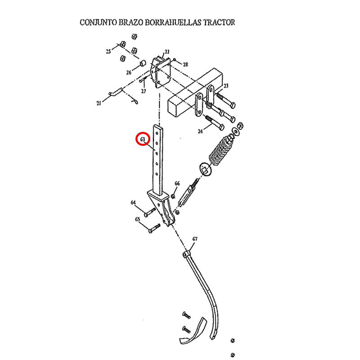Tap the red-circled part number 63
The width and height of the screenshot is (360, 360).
click(143, 139)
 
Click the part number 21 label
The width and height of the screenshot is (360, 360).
click(99, 103)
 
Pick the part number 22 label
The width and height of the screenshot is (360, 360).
click(167, 52)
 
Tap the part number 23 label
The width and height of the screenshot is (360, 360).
click(226, 85)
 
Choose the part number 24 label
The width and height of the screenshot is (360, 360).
click(201, 131)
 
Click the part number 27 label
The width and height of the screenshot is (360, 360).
click(144, 91)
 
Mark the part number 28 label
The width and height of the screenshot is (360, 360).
click(185, 64)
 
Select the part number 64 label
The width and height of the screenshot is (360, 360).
click(134, 202)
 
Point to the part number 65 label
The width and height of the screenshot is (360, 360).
click(137, 219)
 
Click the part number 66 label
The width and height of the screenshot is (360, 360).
click(177, 184)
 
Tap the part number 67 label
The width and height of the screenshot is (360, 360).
click(195, 238)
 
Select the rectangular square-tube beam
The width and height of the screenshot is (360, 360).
click(189, 99)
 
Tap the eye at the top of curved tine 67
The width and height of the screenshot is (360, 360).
click(185, 255)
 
